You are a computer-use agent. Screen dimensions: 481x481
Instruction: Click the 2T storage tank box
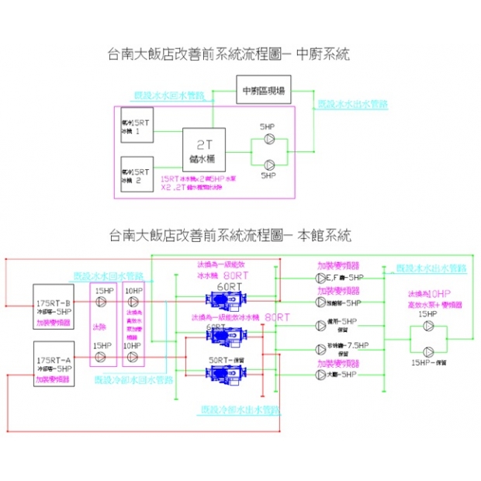[x=204, y=151]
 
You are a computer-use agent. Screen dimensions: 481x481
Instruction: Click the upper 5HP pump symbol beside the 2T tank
[x=268, y=139]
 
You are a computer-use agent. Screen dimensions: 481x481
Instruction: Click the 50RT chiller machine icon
[x=220, y=375]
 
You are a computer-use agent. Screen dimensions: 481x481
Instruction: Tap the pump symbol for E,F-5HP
[x=321, y=277]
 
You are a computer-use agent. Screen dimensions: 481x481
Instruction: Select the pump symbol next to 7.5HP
[x=321, y=348]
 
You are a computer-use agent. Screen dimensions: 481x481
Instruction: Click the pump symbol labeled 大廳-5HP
[x=321, y=375]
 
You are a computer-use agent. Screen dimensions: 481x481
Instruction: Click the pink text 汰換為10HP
[x=428, y=295]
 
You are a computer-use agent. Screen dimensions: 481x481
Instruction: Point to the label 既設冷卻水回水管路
[x=123, y=381]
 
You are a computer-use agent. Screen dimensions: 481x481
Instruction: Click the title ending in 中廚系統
[x=229, y=55]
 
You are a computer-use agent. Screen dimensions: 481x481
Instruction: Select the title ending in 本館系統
[x=230, y=234]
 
